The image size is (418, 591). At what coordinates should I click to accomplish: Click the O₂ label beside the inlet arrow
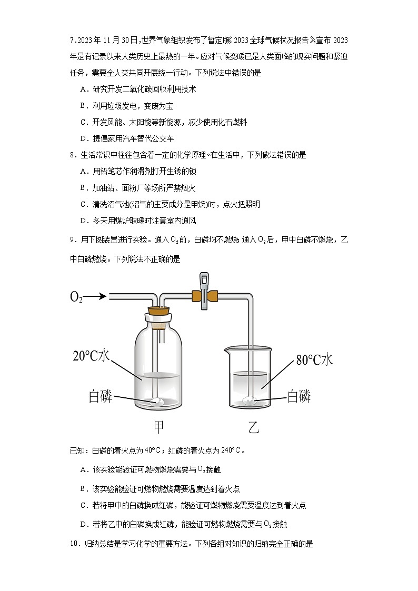(76, 297)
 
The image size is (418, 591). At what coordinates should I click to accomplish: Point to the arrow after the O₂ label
(95, 297)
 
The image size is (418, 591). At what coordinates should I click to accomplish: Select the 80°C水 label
(314, 360)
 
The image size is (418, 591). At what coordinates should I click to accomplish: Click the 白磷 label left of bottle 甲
(100, 396)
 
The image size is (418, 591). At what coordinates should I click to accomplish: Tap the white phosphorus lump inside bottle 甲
(158, 402)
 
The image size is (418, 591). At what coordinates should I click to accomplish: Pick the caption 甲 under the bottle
(158, 427)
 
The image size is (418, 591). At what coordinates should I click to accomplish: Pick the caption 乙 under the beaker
(253, 427)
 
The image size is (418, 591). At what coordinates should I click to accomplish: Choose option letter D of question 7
(83, 139)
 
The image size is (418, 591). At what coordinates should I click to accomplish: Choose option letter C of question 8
(83, 204)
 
